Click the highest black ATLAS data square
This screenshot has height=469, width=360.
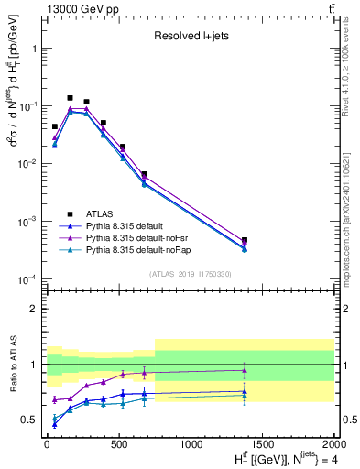71,97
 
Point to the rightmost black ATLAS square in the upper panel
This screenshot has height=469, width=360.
245,240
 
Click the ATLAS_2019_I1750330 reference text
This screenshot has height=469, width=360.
190,274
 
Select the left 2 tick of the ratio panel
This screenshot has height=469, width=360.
35,309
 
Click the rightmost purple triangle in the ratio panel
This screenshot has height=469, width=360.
245,371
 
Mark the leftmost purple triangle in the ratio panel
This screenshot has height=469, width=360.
55,400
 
